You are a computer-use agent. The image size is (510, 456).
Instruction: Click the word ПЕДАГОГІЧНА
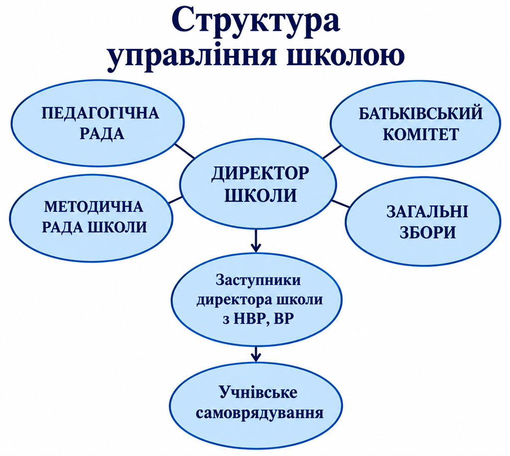coord(100,114)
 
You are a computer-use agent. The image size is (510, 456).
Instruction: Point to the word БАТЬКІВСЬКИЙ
coord(420,113)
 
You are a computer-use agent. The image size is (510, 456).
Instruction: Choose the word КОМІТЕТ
coord(420,134)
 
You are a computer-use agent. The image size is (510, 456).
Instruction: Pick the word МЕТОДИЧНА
coord(93,206)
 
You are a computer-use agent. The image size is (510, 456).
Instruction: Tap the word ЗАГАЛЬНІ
coord(427,212)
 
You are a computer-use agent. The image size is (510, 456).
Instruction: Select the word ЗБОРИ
coord(427,232)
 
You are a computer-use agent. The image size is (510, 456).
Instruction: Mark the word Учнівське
coord(258,393)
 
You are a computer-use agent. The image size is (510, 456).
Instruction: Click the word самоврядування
coord(259,413)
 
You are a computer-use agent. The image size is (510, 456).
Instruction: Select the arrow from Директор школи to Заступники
coord(256,241)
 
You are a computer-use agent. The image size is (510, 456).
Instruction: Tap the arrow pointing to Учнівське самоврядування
coord(256,353)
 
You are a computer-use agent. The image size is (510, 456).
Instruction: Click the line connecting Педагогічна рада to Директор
coord(185,151)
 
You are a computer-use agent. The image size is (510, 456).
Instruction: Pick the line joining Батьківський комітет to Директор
coord(332,152)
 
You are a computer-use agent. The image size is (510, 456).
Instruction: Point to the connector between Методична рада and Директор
coord(176,199)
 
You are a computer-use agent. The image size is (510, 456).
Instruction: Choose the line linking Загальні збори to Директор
coord(340,204)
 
